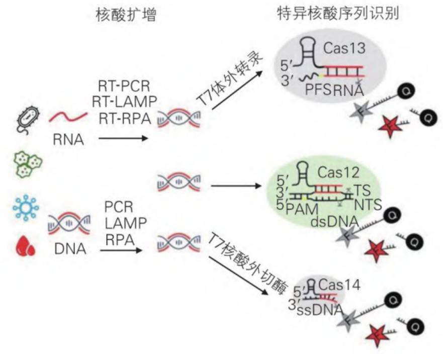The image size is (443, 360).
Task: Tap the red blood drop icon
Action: pos(24,246)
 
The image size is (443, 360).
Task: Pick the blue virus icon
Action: pos(24,207)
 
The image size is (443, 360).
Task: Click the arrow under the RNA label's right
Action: pos(124,137)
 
